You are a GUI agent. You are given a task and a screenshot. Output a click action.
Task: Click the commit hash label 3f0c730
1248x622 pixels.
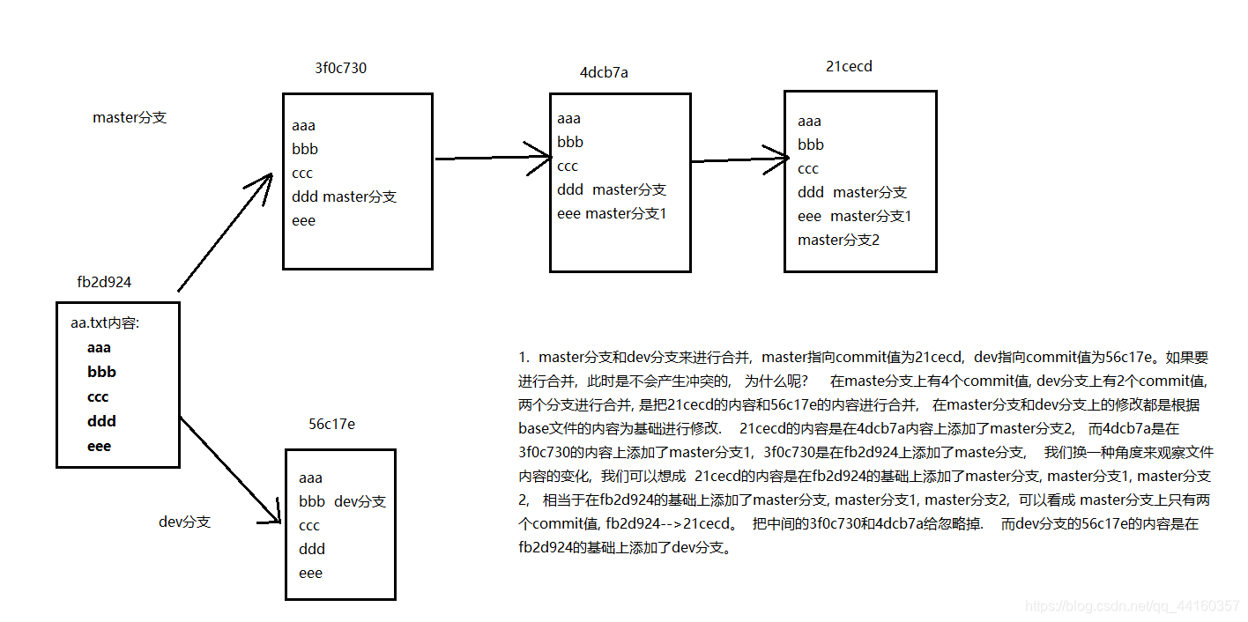click(x=340, y=68)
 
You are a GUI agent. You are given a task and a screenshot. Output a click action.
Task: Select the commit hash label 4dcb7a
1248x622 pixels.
click(x=604, y=72)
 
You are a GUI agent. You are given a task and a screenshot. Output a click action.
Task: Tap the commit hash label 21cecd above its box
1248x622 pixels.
click(x=849, y=66)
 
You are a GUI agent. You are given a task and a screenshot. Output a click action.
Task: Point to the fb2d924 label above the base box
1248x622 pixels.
click(x=105, y=282)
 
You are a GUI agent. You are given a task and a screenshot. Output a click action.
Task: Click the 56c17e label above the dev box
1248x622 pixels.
click(x=331, y=424)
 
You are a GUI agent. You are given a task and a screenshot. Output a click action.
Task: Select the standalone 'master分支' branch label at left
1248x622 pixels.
click(x=130, y=117)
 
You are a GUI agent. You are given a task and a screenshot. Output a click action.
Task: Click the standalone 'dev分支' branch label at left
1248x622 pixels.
click(x=185, y=522)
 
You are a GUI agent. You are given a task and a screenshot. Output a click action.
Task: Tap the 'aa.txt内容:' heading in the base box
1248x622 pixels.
click(x=106, y=323)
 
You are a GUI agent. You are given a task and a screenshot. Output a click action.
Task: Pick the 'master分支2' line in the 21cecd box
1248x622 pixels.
click(x=838, y=240)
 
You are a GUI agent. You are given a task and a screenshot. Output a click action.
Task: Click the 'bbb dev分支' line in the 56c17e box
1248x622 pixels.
click(x=342, y=501)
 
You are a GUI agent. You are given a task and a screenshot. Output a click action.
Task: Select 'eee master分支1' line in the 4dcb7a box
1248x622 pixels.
click(x=612, y=213)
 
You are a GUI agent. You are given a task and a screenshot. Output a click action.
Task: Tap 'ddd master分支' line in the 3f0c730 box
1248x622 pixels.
click(x=344, y=196)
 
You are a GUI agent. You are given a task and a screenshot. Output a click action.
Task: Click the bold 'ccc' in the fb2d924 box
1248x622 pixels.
click(x=98, y=396)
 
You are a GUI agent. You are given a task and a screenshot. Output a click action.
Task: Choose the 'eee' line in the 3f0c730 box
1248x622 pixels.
click(x=303, y=220)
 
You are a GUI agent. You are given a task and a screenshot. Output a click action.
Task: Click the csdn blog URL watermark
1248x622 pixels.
click(x=1133, y=606)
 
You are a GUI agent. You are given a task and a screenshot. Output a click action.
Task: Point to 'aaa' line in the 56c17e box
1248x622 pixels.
click(x=310, y=478)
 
